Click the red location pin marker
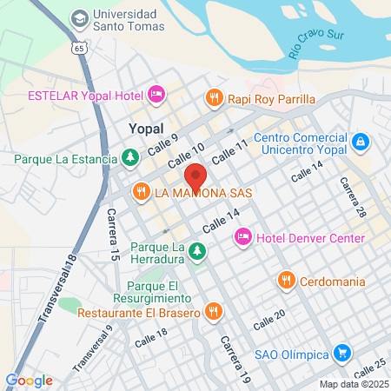coord(195,177)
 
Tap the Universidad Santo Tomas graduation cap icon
coord(79,17)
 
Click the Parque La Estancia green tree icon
coord(129,158)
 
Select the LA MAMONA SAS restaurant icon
coord(140,191)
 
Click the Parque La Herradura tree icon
coord(198,251)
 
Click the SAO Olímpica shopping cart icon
coord(342,354)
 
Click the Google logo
coord(30,380)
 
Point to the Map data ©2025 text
coord(354,384)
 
